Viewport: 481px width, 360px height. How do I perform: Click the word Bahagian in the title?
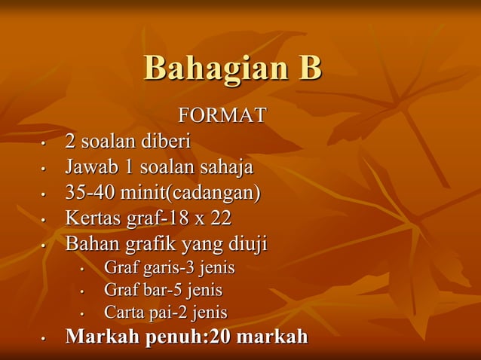(208, 69)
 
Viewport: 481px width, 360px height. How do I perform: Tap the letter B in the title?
(309, 68)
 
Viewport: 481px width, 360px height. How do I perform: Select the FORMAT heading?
(222, 115)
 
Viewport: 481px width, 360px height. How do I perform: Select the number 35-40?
(91, 193)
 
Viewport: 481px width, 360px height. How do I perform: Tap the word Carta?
(121, 312)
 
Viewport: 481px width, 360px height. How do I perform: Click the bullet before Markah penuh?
(44, 339)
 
